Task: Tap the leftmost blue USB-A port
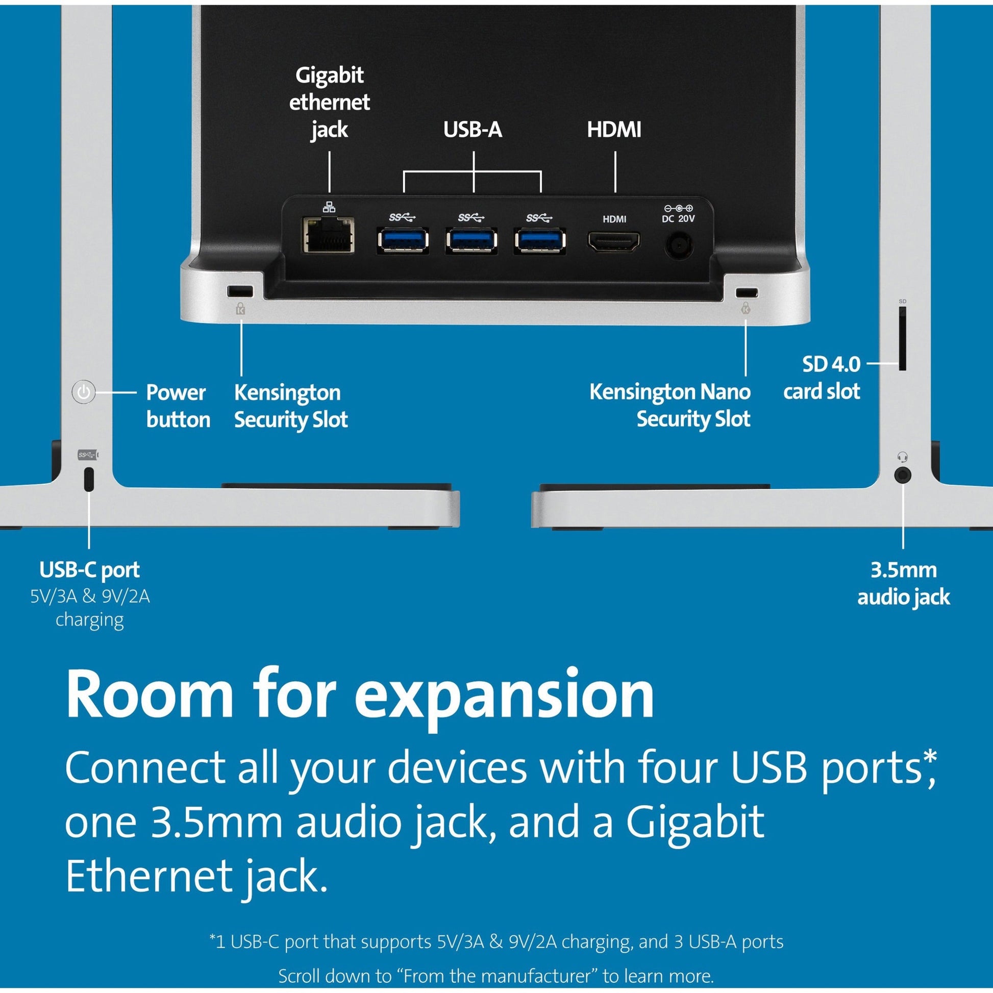(x=404, y=239)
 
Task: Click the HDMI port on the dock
(x=614, y=241)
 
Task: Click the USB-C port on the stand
(x=89, y=479)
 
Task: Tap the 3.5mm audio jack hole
(x=903, y=475)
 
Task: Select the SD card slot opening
(x=902, y=339)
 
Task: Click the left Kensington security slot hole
(x=240, y=291)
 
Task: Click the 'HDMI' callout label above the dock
(x=614, y=130)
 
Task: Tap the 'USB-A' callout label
(x=473, y=130)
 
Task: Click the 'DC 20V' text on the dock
(x=678, y=218)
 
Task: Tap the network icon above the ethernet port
(x=329, y=207)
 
